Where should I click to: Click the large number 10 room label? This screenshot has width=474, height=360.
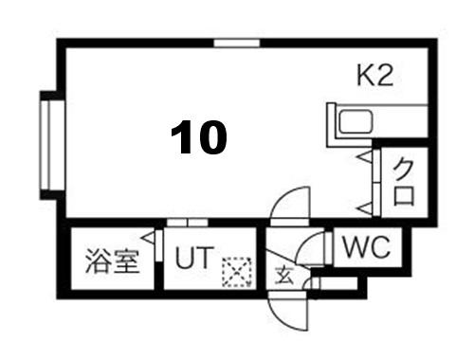tap(199, 137)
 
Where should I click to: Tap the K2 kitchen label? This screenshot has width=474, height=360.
tap(375, 75)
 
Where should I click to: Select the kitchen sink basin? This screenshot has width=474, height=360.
tap(355, 121)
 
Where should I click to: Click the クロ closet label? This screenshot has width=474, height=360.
tap(404, 182)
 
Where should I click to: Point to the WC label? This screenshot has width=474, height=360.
tap(367, 246)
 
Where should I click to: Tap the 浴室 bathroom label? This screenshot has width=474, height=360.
tap(113, 261)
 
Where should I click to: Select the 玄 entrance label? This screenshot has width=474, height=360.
tap(284, 275)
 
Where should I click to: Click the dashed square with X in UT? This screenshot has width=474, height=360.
tap(237, 272)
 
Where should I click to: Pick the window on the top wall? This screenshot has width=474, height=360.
tap(237, 43)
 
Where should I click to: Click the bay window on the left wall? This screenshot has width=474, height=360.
tap(52, 145)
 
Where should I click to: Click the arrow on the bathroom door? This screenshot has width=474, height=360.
tap(149, 238)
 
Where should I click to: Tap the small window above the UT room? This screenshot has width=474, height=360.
tap(187, 223)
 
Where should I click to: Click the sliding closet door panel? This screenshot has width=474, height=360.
tap(376, 182)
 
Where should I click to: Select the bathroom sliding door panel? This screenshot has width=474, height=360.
tap(159, 245)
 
